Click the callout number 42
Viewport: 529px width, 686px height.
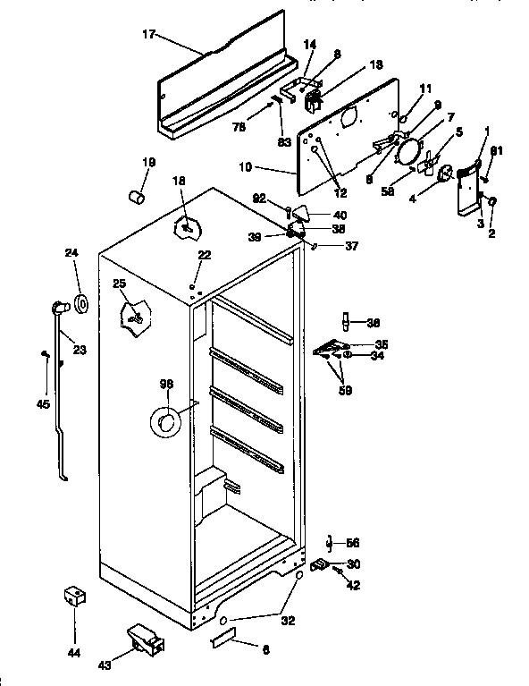tap(354, 585)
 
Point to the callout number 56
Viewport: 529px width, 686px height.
tap(353, 543)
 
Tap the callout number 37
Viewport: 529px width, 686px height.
tap(350, 248)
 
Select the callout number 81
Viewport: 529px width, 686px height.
tap(496, 150)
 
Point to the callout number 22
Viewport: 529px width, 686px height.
tap(204, 256)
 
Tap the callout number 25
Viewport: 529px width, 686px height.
tap(119, 284)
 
